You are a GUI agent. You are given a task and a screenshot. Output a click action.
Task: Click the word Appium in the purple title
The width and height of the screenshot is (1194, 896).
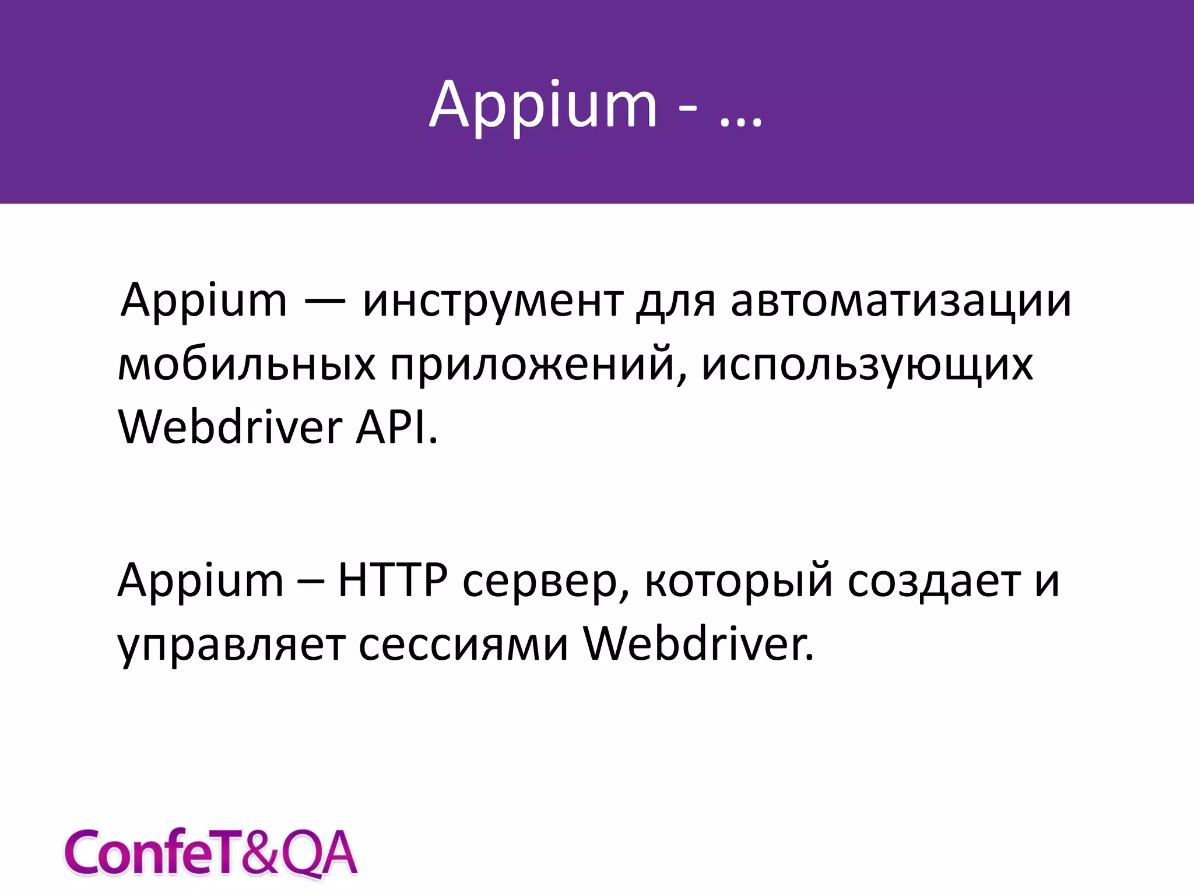[x=543, y=106]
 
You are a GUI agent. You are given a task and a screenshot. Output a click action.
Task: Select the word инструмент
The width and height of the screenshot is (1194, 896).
[x=493, y=302]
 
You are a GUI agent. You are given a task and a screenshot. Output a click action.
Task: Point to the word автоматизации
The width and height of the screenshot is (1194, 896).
[x=901, y=302]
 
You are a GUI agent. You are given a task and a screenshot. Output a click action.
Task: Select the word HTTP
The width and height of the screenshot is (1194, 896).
[x=393, y=580]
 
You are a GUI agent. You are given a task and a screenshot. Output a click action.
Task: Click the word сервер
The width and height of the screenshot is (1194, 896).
[x=546, y=582]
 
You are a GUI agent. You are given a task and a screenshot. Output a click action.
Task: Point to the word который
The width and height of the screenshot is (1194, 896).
[x=739, y=582]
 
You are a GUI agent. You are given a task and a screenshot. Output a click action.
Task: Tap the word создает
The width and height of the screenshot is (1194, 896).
[x=934, y=580]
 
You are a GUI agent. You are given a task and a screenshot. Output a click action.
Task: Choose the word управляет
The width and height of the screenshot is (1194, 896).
[x=231, y=646]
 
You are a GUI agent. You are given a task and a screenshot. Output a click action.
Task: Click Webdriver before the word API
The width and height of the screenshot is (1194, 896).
[x=230, y=427]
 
